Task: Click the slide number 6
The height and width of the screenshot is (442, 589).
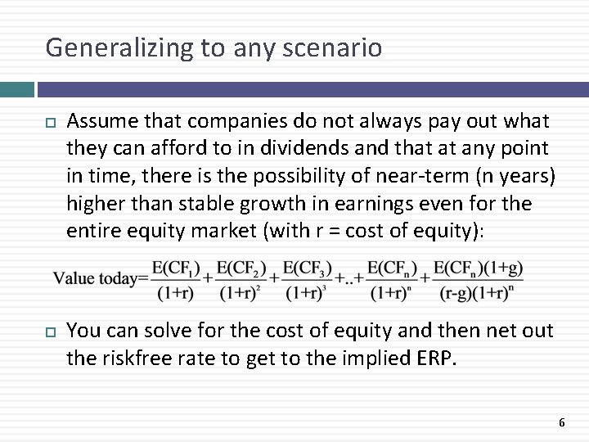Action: click(x=561, y=422)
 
